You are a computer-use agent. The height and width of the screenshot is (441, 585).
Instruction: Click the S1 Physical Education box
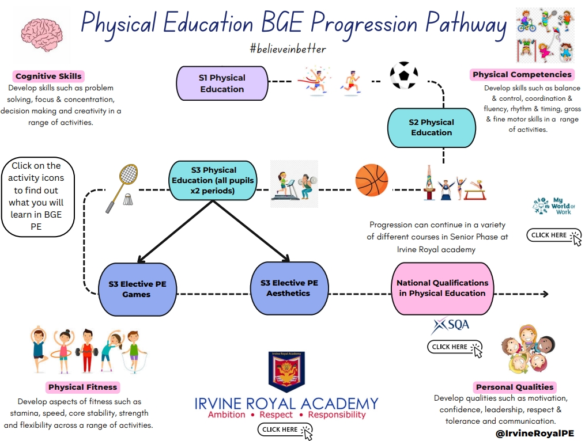click(222, 83)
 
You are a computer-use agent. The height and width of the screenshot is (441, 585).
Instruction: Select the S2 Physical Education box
click(432, 127)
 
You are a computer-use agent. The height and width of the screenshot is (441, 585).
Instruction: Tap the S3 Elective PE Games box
click(137, 289)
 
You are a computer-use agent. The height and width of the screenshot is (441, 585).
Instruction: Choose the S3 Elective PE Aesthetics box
click(288, 288)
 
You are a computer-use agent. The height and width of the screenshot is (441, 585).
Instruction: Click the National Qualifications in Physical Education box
click(442, 288)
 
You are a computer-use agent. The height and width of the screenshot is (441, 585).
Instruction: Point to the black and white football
click(403, 76)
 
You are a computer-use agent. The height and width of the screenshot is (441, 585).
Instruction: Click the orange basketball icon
click(372, 181)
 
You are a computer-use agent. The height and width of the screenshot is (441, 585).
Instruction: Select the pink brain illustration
click(42, 36)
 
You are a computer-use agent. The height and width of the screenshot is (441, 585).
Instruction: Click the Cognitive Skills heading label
click(48, 76)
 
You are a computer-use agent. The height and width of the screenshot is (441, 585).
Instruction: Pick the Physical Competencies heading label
click(522, 74)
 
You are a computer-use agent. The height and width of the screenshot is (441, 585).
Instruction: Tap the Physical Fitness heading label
click(82, 387)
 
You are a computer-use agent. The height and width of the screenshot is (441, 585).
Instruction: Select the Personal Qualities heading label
click(514, 387)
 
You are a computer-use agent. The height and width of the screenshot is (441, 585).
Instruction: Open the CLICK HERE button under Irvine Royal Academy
click(285, 429)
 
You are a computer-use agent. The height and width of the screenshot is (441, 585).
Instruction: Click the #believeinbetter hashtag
click(288, 49)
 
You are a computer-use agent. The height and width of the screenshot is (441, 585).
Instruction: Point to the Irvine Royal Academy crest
click(286, 371)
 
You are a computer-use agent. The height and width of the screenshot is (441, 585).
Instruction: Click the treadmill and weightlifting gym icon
click(295, 184)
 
